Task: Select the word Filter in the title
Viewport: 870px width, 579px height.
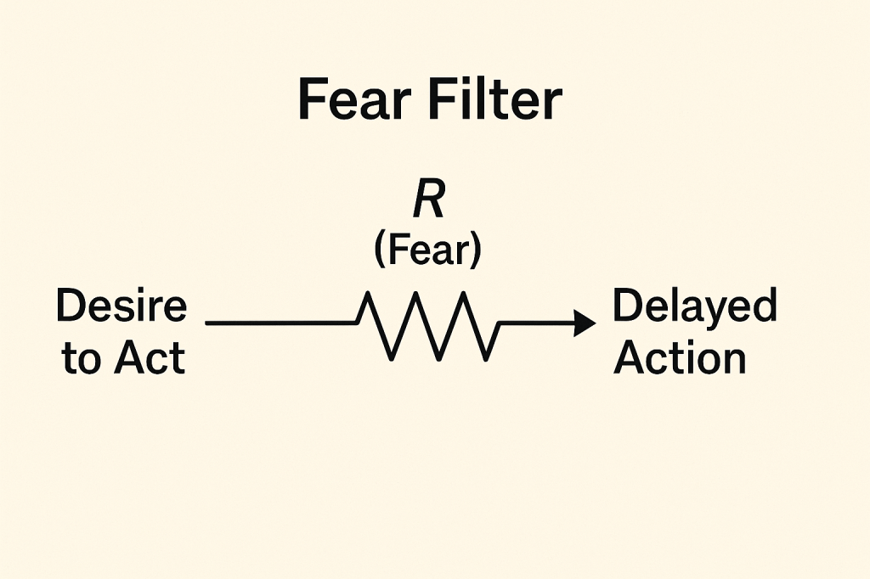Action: click(497, 102)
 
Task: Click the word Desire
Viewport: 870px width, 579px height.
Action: click(121, 306)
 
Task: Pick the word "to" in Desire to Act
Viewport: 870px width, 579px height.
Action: click(82, 359)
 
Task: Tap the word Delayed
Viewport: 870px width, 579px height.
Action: click(694, 306)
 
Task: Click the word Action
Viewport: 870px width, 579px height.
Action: click(680, 358)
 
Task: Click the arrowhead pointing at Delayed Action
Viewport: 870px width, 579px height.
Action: click(585, 323)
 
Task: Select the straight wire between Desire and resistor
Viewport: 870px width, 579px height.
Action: click(280, 323)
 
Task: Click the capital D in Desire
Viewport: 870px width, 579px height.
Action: click(69, 306)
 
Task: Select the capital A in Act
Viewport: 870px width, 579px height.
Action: click(126, 358)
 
